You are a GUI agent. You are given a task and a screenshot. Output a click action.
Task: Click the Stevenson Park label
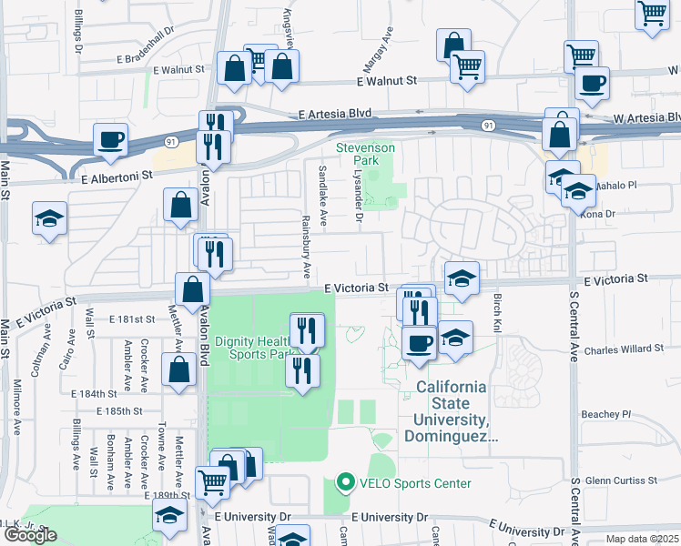[365, 153]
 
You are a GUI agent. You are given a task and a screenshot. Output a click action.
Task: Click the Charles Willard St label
[620, 349]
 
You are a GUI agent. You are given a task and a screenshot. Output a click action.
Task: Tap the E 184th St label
[95, 393]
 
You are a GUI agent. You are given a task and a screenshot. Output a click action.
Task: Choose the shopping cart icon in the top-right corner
[652, 15]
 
